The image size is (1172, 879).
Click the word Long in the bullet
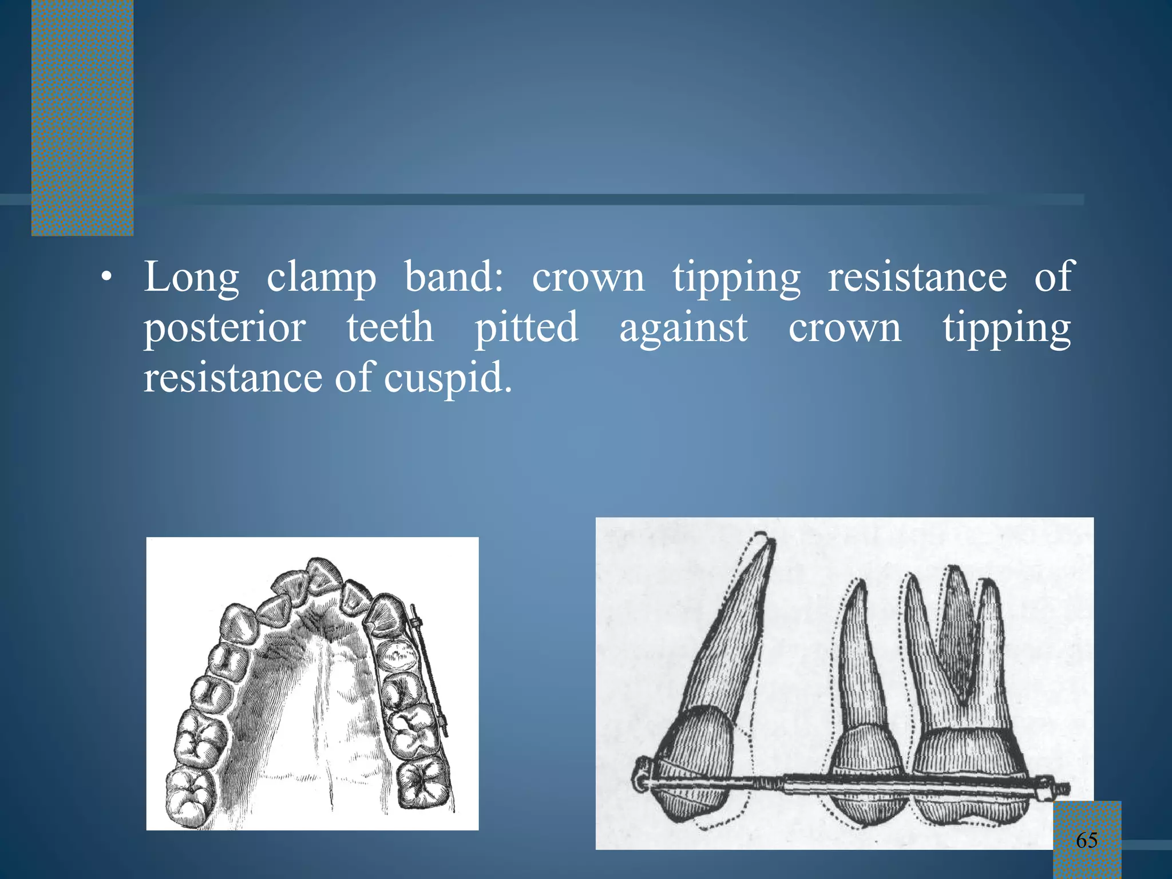pyautogui.click(x=191, y=278)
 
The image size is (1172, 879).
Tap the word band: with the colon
pyautogui.click(x=454, y=277)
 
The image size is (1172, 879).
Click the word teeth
pyautogui.click(x=390, y=328)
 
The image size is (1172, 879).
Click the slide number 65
pyautogui.click(x=1086, y=840)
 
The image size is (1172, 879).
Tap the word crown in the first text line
pyautogui.click(x=588, y=278)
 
